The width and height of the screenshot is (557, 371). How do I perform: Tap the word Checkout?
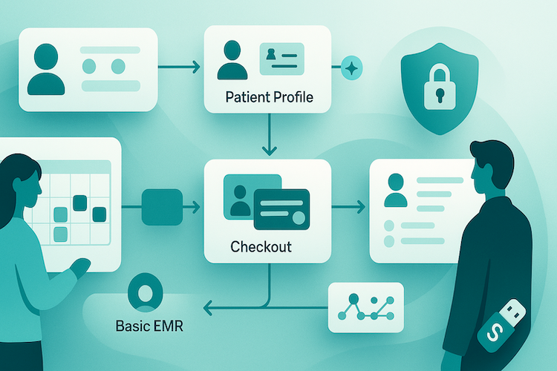(261, 246)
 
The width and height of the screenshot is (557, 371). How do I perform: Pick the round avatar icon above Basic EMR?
(145, 291)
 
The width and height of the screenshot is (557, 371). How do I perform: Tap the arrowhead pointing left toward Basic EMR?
(210, 306)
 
